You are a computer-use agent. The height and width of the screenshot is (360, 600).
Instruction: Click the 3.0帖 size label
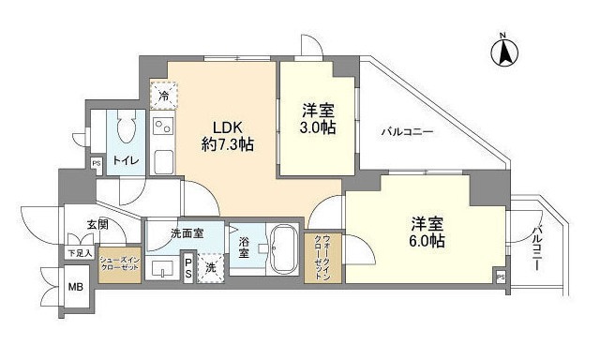pos(318,127)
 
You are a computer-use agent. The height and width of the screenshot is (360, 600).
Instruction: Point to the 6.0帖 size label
pos(426,241)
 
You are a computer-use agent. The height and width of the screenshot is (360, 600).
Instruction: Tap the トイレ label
pos(126,160)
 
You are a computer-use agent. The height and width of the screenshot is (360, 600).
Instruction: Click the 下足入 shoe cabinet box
pos(80,252)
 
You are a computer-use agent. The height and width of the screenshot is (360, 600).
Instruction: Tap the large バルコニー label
pos(406,132)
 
